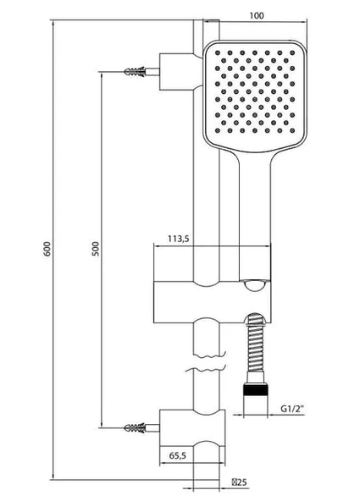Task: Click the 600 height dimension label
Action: (x=47, y=250)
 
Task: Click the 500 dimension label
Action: (x=96, y=249)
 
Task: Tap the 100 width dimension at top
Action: (x=257, y=15)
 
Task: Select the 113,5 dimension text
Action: (x=179, y=239)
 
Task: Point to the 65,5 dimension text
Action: (x=177, y=455)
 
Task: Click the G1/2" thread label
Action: (x=292, y=409)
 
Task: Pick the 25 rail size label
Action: (x=240, y=482)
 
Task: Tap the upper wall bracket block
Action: (x=177, y=72)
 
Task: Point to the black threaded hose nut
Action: (x=256, y=389)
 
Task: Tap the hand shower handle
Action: (x=255, y=217)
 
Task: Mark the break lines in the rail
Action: (x=207, y=363)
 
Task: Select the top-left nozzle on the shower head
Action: (x=218, y=52)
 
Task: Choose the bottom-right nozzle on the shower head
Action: (x=292, y=130)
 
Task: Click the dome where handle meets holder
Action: (x=255, y=285)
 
